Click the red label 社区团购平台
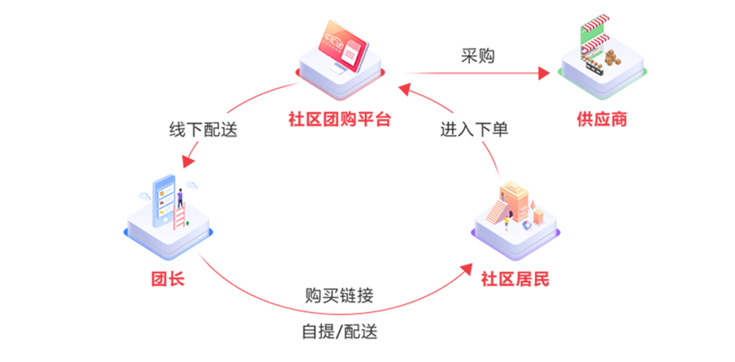point(339,119)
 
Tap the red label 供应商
point(601,119)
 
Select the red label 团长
point(167,280)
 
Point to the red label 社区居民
point(515,280)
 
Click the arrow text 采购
point(477,56)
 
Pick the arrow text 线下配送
point(203,129)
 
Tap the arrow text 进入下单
point(474,129)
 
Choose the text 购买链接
point(339,295)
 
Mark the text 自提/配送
point(339,332)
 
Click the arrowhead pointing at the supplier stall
point(544,74)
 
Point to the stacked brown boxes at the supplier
point(612,58)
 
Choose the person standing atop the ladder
point(180,198)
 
